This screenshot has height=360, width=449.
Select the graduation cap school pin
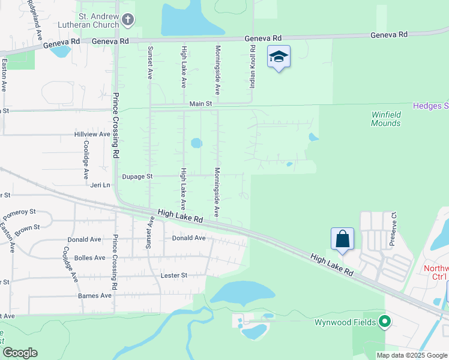pyautogui.click(x=279, y=57)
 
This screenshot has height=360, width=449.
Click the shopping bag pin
pyautogui.click(x=342, y=239)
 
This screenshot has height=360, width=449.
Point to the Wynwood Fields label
pyautogui.click(x=345, y=323)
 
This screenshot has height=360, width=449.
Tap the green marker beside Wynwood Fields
pyautogui.click(x=385, y=322)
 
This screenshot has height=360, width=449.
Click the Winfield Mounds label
pyautogui.click(x=386, y=119)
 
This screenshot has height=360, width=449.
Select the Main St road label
pyautogui.click(x=201, y=104)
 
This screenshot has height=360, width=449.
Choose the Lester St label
pyautogui.click(x=175, y=275)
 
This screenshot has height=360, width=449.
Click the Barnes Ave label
pyautogui.click(x=95, y=296)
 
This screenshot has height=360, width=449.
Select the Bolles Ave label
pyautogui.click(x=90, y=258)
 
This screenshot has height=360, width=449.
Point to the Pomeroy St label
pyautogui.click(x=20, y=213)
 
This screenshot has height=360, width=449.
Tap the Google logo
pyautogui.click(x=20, y=353)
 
